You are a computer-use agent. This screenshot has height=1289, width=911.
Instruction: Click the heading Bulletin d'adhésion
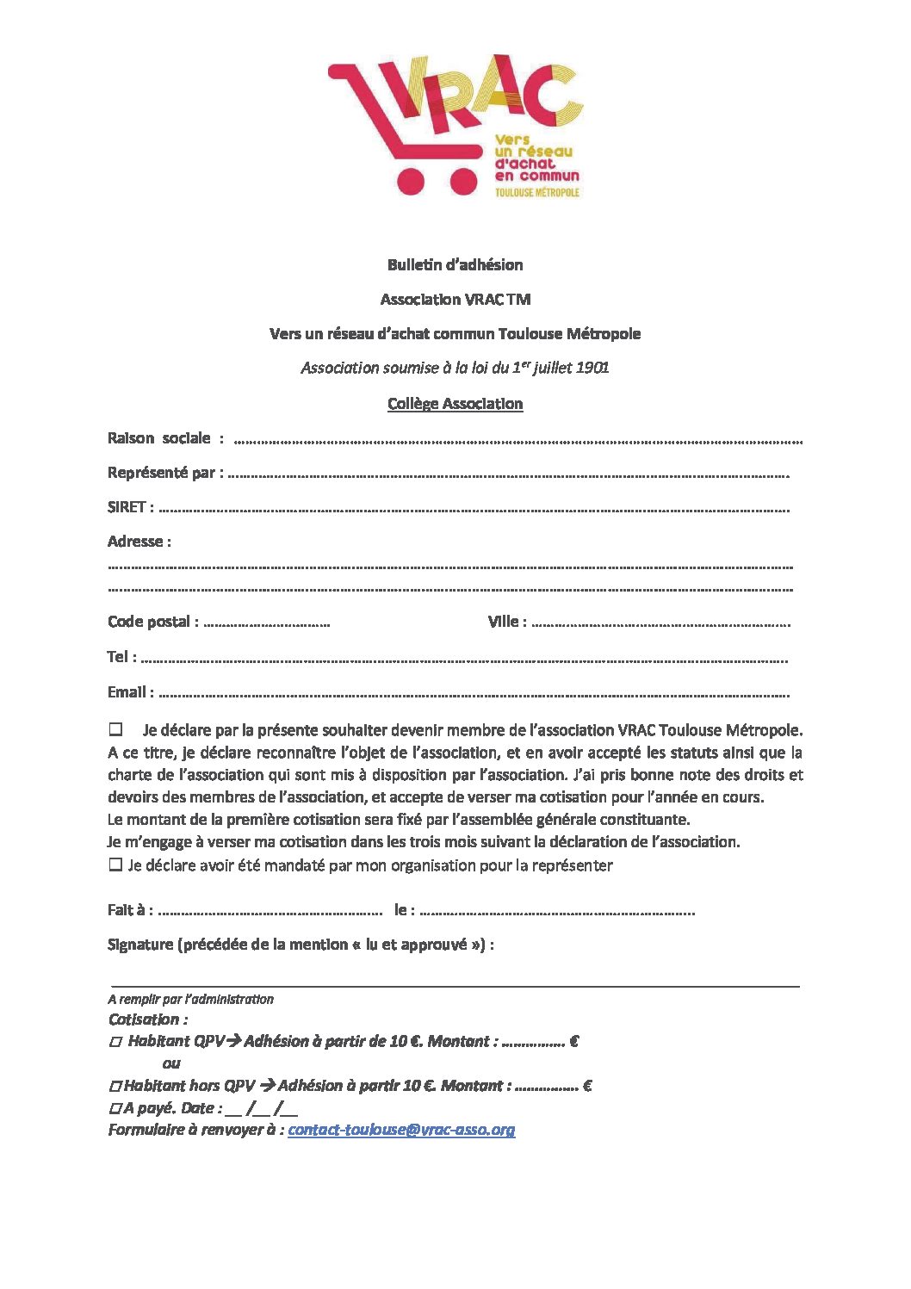pos(455,265)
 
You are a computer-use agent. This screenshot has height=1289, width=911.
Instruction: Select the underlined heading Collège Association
pos(455,404)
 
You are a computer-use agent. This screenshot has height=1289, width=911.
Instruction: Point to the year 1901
pos(592,368)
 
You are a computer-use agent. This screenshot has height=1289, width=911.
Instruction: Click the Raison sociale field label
pos(159,438)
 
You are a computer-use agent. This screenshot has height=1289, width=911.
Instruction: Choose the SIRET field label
pos(127,507)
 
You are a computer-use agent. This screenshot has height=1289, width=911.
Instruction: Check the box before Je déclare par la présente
pos(115,729)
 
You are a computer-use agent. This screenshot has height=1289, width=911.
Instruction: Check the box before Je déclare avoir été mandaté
pos(115,864)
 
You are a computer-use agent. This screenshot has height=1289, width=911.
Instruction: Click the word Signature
pos(140,945)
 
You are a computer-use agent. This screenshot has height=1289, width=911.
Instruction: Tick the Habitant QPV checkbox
pos(115,1042)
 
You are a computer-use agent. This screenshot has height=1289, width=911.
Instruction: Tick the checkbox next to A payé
pos(115,1109)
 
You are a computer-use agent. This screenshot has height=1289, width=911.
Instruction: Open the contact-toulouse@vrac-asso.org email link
pos(401,1130)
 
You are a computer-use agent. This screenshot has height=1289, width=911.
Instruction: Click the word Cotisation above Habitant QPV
pos(144,1019)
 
